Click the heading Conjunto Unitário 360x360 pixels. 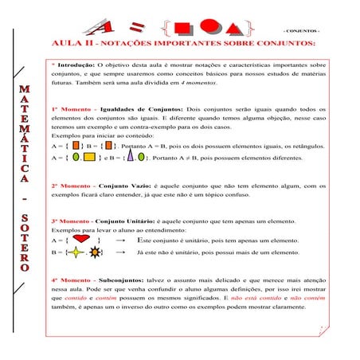[131, 220]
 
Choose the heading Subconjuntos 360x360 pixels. [120, 281]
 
